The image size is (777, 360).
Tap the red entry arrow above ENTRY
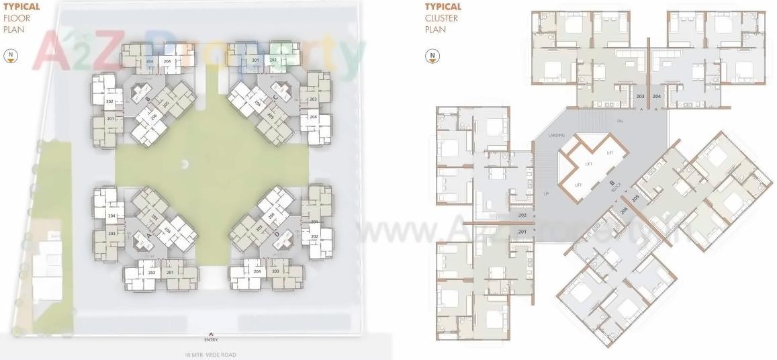click(x=212, y=334)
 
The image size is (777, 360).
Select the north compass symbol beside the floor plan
click(x=11, y=56)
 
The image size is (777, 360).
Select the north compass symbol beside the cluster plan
click(x=434, y=56)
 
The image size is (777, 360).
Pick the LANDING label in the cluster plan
click(x=556, y=136)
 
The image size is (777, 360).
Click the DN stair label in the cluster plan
click(x=620, y=121)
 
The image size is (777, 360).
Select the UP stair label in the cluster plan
click(x=546, y=193)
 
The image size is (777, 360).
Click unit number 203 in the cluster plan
click(x=640, y=97)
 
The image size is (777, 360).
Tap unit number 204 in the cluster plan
click(x=656, y=97)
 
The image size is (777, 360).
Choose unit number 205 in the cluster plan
click(x=635, y=197)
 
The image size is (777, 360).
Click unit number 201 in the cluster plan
click(x=522, y=232)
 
